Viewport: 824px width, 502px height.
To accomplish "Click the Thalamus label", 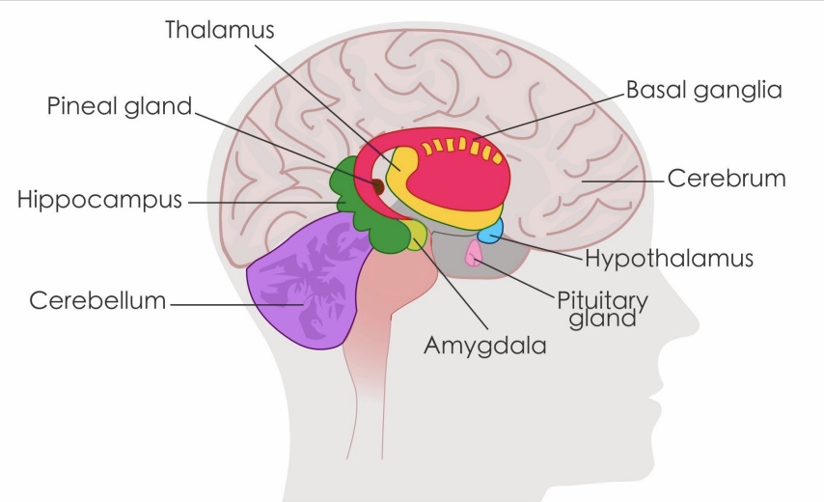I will point(219,29).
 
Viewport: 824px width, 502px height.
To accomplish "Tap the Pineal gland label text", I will point(120,106).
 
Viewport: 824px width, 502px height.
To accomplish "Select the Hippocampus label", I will point(99,201).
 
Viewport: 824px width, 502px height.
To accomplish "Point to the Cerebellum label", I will point(97,300).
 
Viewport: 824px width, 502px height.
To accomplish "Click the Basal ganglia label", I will point(703,90).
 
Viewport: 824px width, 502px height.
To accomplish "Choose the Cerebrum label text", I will point(727,179).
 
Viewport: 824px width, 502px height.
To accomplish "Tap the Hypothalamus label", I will point(669,259).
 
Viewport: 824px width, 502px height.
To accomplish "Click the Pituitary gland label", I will point(602,309).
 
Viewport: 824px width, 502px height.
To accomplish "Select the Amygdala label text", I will point(485,346).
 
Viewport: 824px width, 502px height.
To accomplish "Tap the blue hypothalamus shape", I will point(490,231).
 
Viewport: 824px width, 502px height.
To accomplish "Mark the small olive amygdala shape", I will point(415,234).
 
